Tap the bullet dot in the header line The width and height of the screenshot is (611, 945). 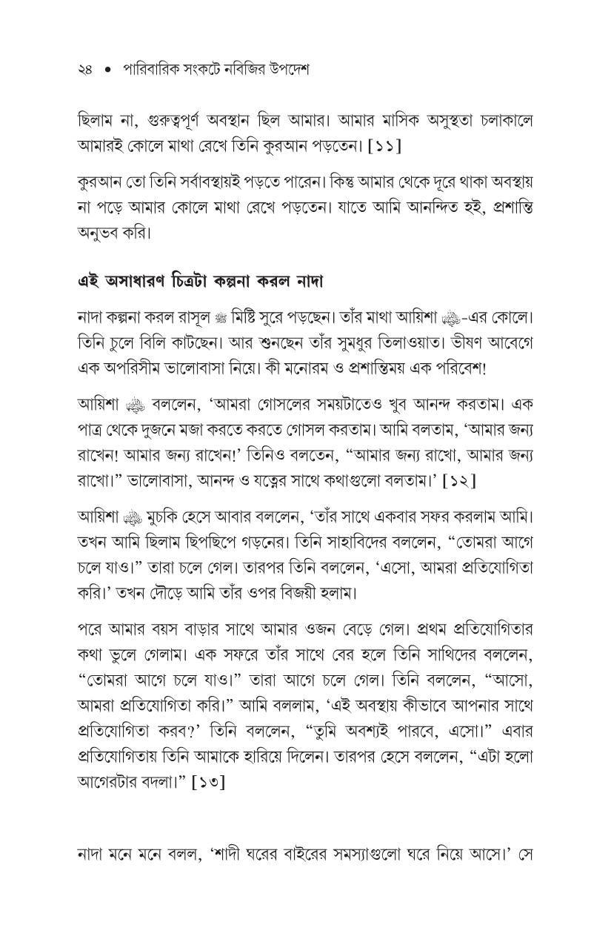(x=108, y=70)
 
